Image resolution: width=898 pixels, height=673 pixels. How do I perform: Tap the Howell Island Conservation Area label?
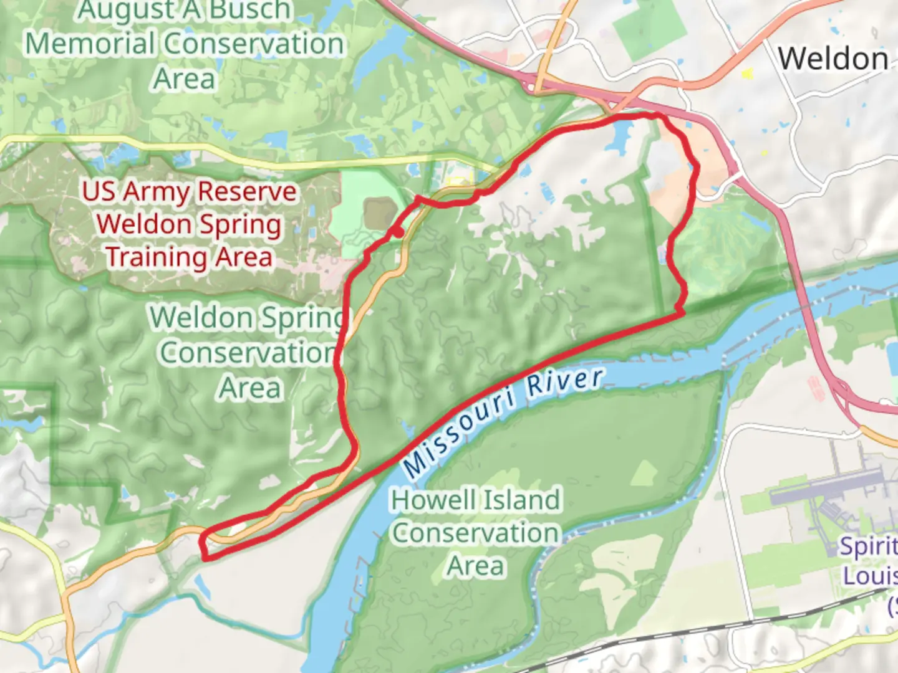coord(476,533)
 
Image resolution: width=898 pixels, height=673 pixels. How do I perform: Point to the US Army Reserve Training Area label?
coord(189,224)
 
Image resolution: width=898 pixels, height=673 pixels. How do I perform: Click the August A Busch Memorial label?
coord(185,44)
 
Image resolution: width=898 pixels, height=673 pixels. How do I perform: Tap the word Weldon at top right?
coord(833,59)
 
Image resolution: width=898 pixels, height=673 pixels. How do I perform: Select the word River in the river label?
coord(565,381)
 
